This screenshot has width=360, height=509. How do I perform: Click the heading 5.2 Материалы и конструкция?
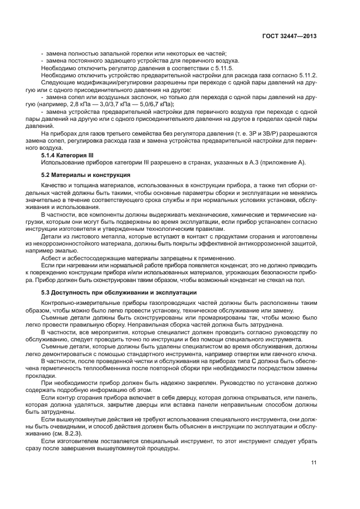click(85, 175)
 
